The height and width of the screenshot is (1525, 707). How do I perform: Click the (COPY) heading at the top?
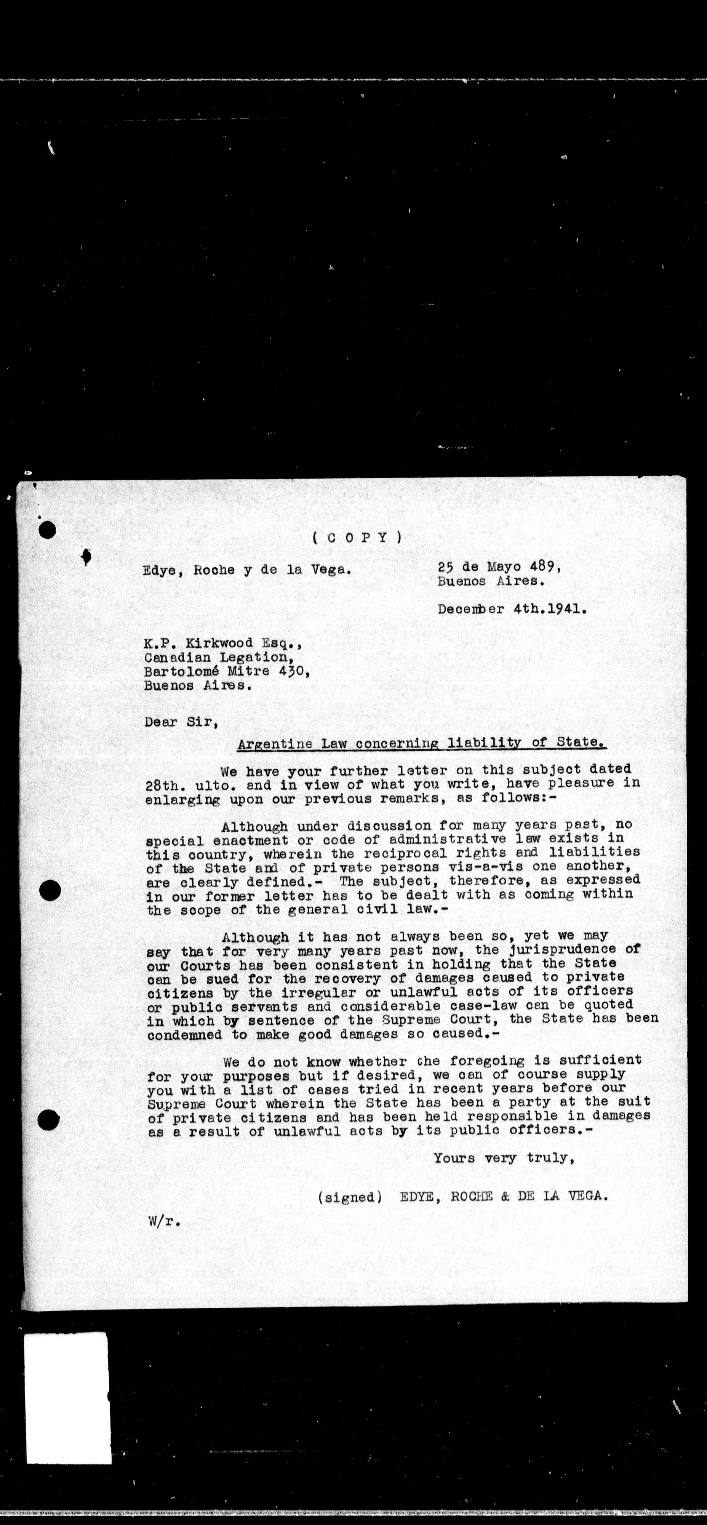coord(357,538)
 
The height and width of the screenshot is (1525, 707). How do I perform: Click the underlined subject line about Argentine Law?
coord(421,743)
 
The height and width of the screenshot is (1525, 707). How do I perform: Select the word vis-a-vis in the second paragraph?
coord(495,867)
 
